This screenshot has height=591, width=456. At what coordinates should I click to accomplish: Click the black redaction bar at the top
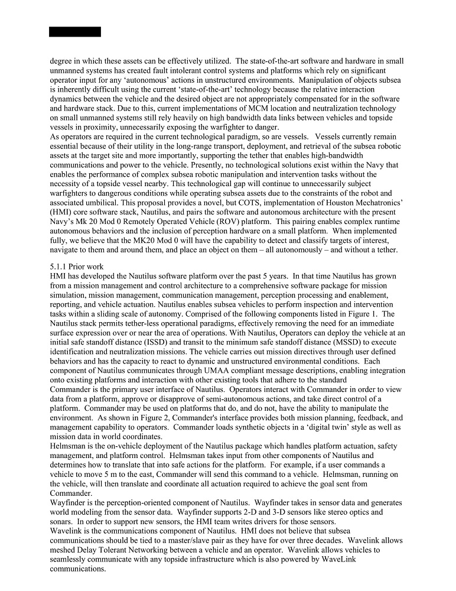[x=75, y=31]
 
